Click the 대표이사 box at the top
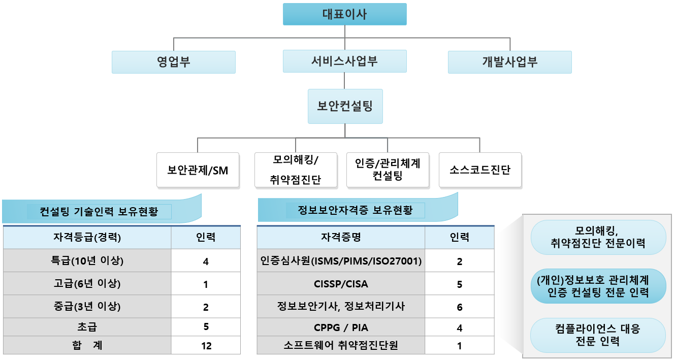point(345,14)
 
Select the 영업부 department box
point(174,62)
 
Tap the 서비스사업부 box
point(345,61)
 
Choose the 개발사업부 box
point(510,62)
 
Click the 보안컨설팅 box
point(345,106)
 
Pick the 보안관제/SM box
point(198,170)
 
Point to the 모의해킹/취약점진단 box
point(296,170)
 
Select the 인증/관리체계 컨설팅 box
point(388,170)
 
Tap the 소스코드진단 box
point(480,170)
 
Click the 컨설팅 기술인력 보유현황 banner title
point(99,212)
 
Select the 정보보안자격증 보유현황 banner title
point(356,210)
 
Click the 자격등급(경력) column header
point(87,238)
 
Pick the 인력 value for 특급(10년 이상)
point(206,261)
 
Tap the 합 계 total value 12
point(206,346)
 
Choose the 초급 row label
point(87,327)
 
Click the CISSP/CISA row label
point(341,284)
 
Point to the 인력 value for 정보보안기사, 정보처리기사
point(460,307)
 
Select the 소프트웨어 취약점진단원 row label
point(341,345)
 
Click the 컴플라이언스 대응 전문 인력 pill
point(598,335)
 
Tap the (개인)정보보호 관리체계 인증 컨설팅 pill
point(598,286)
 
